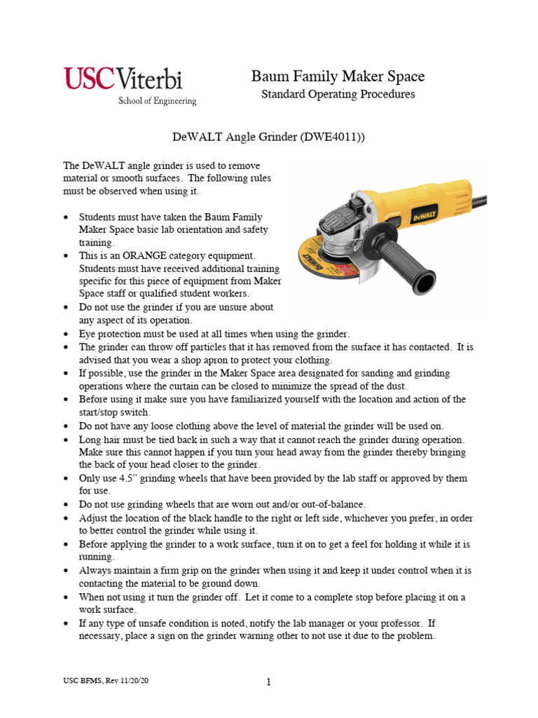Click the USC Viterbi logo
(130, 79)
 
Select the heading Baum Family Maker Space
(338, 76)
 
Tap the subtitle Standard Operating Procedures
(338, 94)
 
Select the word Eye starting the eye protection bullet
(88, 333)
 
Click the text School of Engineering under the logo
(157, 101)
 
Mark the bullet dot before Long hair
(66, 440)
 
